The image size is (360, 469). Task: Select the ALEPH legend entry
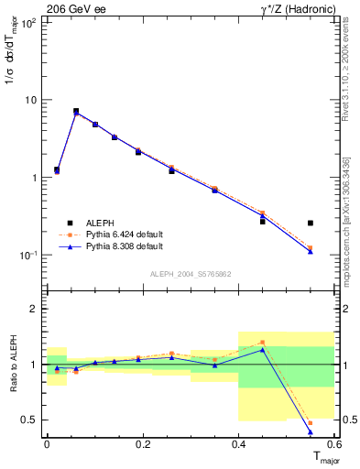point(102,222)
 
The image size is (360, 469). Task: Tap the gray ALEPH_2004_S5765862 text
point(190,274)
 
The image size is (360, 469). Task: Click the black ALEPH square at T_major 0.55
point(311,223)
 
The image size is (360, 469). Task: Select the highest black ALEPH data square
point(76,111)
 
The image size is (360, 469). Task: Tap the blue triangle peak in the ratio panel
point(262,350)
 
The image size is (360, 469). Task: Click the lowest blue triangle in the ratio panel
point(311,431)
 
